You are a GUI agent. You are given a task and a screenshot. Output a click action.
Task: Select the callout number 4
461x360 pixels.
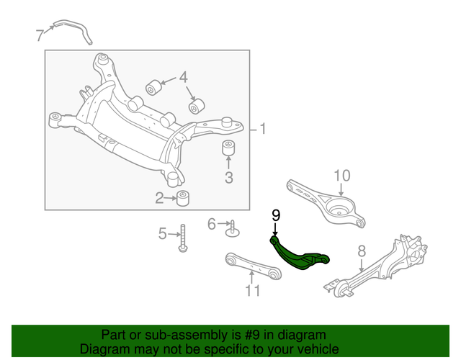point(183,76)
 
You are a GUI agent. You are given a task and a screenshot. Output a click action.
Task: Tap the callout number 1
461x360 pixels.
point(263,130)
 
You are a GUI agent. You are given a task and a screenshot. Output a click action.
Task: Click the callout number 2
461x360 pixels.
point(160,198)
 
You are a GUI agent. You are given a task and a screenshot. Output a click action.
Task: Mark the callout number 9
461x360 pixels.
point(275,215)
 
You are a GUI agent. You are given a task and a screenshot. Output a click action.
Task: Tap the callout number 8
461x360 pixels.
point(362,251)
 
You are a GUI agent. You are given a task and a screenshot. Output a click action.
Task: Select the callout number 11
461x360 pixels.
point(251,291)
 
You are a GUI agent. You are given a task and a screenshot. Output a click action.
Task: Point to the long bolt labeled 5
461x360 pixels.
point(183,238)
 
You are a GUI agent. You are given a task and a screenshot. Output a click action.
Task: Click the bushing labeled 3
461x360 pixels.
point(229,149)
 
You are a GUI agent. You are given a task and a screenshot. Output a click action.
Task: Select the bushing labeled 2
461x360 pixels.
point(183,197)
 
